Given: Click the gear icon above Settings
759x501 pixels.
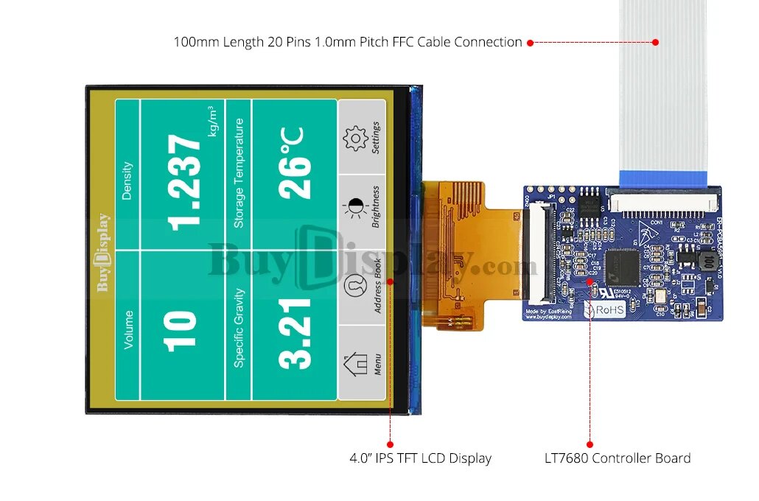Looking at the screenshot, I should (x=355, y=139).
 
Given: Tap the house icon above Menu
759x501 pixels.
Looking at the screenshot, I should (x=355, y=363).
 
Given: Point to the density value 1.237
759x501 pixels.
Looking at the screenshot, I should (x=185, y=181).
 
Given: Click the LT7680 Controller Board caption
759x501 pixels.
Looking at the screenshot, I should (x=612, y=458).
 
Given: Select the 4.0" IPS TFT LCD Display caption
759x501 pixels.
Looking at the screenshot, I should (x=420, y=458).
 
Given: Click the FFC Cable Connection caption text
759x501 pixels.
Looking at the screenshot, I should (x=347, y=42).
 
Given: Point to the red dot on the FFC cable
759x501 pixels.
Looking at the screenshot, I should (x=654, y=42).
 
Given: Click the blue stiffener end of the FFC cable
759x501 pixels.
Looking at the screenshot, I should (x=663, y=178).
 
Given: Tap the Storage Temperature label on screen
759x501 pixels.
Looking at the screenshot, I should (x=239, y=173).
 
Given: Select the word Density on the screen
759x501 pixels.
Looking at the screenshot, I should (x=127, y=181).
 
